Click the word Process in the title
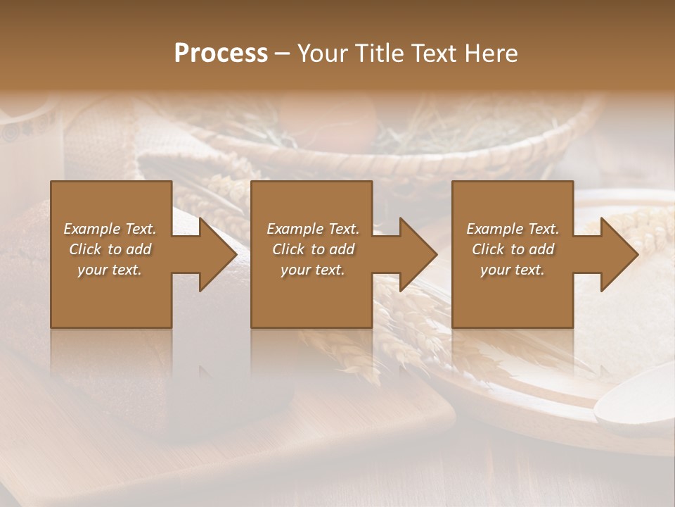click(221, 54)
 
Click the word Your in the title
click(322, 54)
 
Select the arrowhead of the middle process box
click(418, 254)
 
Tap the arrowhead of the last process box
click(619, 254)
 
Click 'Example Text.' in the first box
click(110, 229)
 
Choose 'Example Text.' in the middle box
click(312, 229)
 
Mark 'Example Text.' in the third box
click(513, 229)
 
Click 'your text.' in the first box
click(110, 270)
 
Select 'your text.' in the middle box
click(312, 270)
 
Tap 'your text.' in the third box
click(513, 270)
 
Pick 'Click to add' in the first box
click(110, 249)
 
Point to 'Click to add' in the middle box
click(312, 249)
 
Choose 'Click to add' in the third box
click(513, 249)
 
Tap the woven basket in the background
click(394, 141)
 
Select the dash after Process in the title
click(282, 54)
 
